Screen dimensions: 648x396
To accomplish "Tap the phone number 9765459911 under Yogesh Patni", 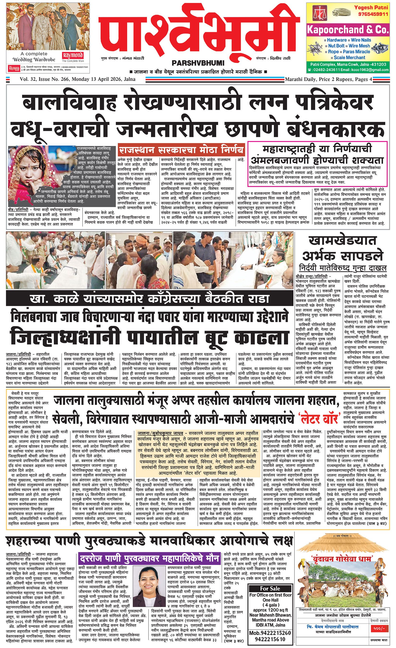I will point(371,14).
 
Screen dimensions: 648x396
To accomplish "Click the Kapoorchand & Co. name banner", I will point(348,30).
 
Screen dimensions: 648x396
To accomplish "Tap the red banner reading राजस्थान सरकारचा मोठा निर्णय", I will point(181,150).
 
